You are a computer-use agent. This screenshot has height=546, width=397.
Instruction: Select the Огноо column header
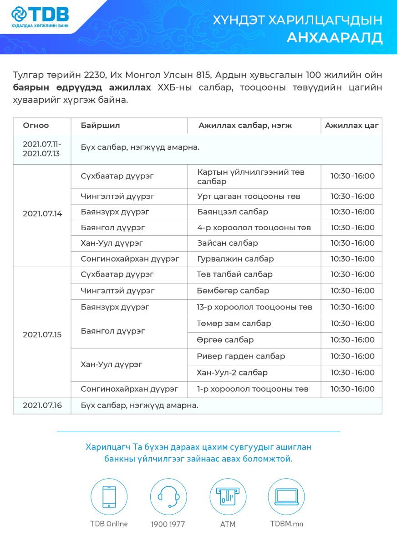coord(36,126)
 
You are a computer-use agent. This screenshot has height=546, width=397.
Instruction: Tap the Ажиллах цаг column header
coord(351,126)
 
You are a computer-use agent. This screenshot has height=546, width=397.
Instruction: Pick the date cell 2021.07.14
coord(42,213)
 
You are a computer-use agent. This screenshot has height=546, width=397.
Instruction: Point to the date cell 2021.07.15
coord(42,334)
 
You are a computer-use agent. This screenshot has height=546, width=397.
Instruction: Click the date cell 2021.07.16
coord(42,405)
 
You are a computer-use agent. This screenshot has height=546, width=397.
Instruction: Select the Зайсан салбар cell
coord(228,243)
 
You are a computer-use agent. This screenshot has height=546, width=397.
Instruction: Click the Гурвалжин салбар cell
coord(235,259)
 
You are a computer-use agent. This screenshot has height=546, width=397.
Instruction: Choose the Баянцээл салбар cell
coord(233,212)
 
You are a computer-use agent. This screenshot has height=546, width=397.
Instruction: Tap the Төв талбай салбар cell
coord(234,274)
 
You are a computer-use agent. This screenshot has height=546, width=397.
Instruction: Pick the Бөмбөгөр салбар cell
coord(233,291)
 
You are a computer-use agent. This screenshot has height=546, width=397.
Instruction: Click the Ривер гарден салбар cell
coord(241,356)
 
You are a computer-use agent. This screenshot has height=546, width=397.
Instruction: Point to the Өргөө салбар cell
coord(225,340)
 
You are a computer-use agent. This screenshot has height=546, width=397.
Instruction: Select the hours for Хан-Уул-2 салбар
coord(352,373)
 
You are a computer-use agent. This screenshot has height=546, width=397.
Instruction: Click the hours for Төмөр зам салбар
coord(352,324)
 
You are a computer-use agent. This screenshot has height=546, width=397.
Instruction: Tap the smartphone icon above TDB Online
coord(109,497)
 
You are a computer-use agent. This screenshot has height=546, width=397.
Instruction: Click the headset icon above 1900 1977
coord(168,497)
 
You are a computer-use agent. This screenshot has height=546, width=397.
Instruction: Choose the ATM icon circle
coord(228,497)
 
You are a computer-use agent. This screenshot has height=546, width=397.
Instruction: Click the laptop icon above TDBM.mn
coord(286,497)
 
